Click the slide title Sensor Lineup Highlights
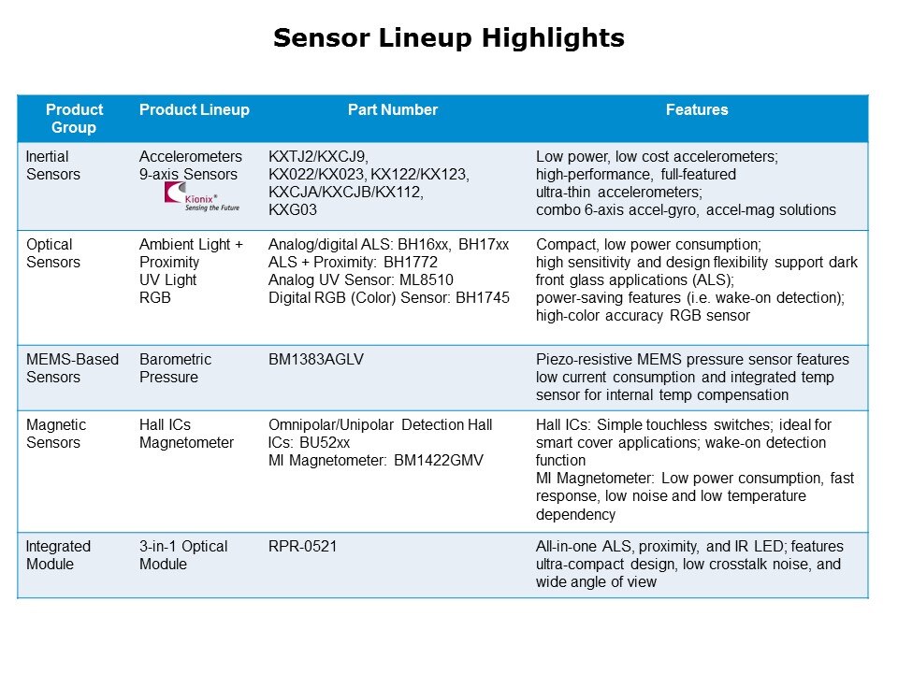448,38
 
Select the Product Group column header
74,119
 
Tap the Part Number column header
393,109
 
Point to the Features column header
696,109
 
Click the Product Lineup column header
195,109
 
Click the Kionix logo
202,197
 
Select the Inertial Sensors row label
52,165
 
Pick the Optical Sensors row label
52,253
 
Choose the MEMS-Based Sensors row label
72,368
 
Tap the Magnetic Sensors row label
55,433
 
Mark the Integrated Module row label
58,555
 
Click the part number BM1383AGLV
316,359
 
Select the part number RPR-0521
302,547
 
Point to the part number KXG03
293,210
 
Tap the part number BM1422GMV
439,461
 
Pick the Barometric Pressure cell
175,368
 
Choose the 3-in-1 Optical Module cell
183,555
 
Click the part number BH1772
411,262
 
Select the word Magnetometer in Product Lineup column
187,442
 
